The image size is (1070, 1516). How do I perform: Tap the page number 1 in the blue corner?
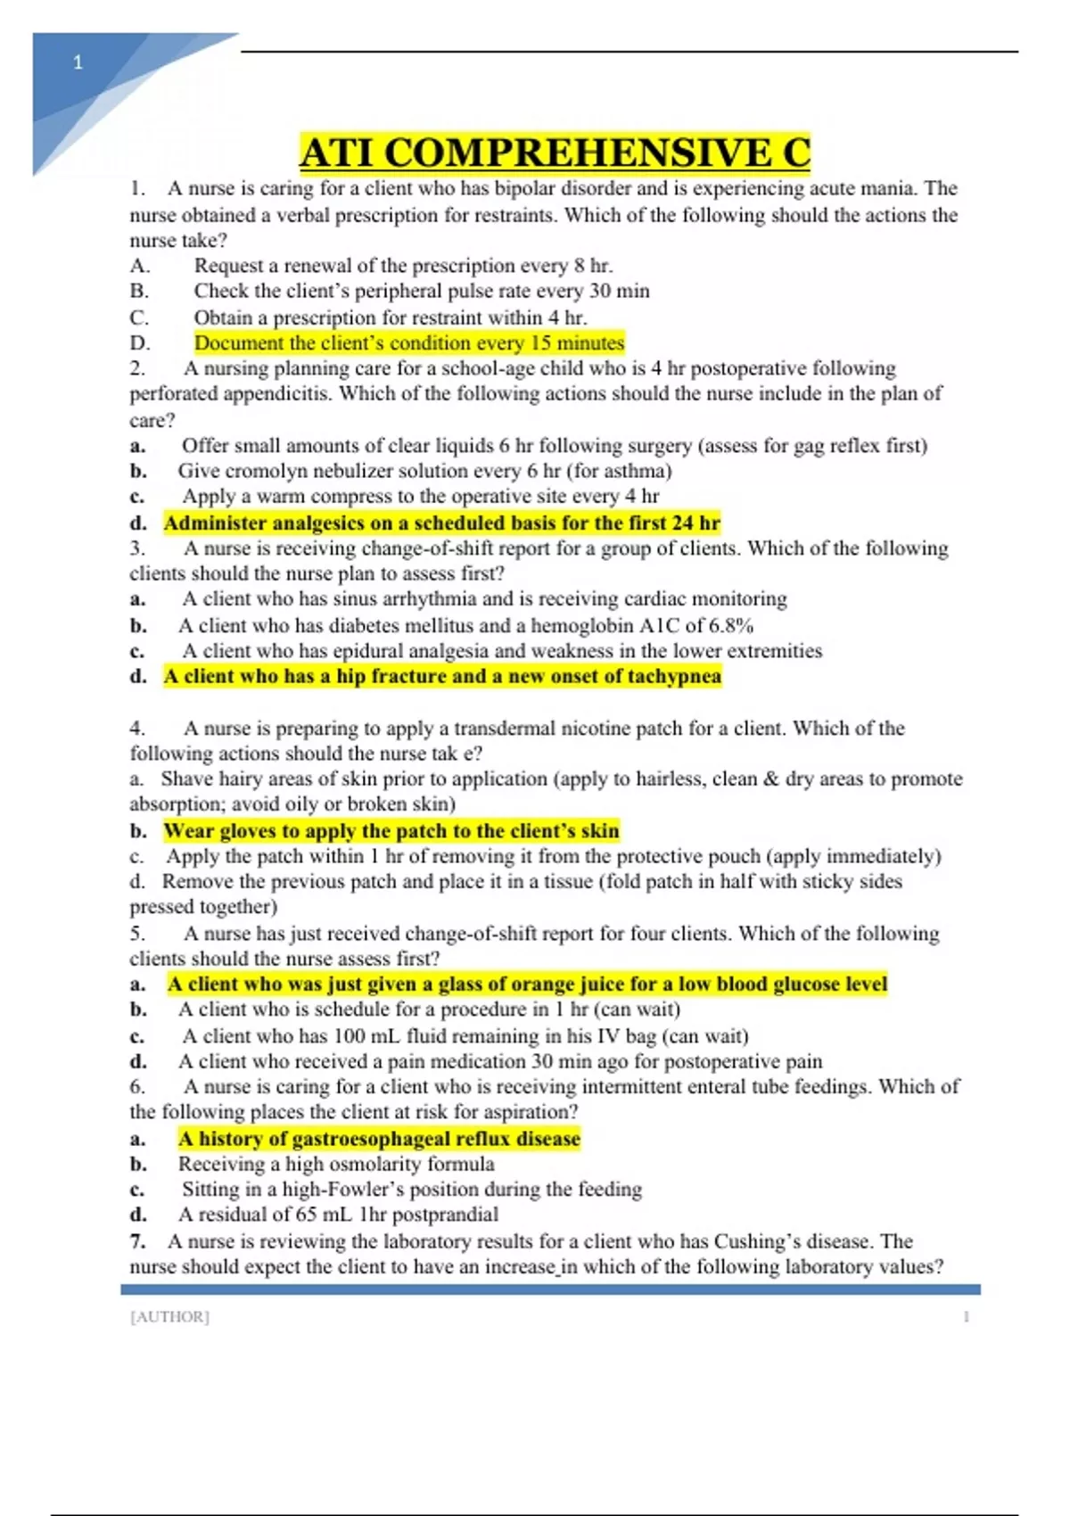78,62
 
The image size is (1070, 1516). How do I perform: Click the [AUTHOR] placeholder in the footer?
169,1316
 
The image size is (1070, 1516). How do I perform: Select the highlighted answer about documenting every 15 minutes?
409,342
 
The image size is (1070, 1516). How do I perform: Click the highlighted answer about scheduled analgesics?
441,523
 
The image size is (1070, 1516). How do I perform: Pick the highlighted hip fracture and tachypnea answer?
441,676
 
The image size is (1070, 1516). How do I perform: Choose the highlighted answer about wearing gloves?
391,831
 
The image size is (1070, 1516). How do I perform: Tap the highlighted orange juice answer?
527,984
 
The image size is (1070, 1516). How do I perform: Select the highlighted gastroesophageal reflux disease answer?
379,1138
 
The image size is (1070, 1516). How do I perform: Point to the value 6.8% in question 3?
731,625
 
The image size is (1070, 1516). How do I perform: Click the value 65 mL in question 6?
326,1214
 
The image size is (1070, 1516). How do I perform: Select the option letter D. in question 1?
140,342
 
